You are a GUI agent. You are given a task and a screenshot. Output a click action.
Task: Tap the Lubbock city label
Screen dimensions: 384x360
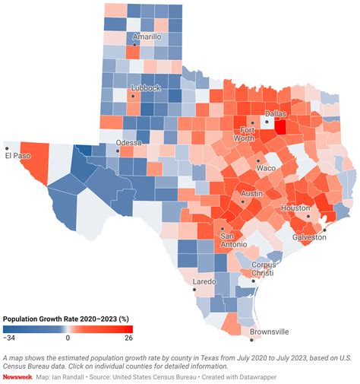pos(145,88)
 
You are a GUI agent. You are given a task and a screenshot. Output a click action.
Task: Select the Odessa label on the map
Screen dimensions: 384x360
pos(128,142)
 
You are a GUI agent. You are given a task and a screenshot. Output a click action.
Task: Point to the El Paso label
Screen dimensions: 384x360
pos(17,156)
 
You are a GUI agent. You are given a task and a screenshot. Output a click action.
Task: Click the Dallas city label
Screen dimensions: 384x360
pos(276,113)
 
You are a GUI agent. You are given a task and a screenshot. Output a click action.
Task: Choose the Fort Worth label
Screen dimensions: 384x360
pos(243,134)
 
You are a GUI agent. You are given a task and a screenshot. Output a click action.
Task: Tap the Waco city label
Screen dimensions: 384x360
pos(267,167)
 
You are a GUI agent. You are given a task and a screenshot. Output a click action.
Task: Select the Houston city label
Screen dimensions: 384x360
pos(295,208)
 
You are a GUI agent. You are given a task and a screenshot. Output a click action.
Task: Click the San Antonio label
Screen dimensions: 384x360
pos(232,240)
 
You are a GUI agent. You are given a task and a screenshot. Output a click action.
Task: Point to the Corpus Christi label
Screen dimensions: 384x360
pos(264,269)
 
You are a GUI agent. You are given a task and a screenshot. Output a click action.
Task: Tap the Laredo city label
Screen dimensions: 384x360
pos(204,281)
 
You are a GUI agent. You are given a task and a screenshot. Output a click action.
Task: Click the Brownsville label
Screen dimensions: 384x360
pos(270,332)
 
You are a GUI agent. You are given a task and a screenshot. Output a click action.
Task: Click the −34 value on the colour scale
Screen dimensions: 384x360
pos(10,337)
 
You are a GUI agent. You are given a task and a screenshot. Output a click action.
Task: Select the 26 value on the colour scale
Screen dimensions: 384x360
pos(128,337)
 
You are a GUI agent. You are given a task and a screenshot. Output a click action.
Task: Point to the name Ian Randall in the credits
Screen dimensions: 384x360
pos(75,376)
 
